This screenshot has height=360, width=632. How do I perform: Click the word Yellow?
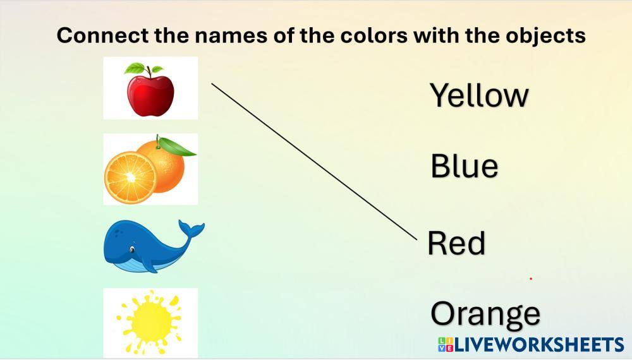click(479, 95)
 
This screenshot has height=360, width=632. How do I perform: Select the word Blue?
click(465, 165)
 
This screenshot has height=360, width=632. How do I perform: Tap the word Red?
click(456, 243)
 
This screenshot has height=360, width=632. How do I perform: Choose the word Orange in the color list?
click(485, 315)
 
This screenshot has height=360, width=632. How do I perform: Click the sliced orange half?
click(130, 177)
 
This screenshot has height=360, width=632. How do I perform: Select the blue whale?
click(154, 246)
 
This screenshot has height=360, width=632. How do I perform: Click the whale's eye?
click(132, 250)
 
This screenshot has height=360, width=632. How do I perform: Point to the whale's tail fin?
click(192, 229)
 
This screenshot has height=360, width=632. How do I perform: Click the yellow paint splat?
click(150, 321)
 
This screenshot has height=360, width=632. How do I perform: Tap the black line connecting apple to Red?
click(314, 162)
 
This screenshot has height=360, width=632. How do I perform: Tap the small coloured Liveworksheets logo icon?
click(446, 345)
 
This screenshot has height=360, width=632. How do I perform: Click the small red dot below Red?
click(531, 279)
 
